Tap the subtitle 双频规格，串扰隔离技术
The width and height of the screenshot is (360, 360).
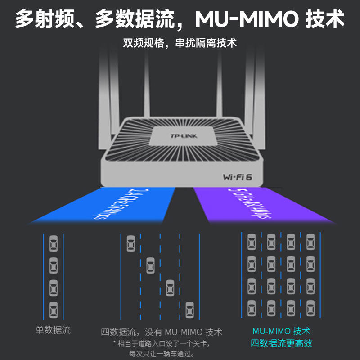pos(180,44)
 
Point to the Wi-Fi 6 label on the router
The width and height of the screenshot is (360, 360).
pos(237,176)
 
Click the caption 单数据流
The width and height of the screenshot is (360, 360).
pos(53,330)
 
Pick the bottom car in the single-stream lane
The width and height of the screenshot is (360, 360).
pos(54,309)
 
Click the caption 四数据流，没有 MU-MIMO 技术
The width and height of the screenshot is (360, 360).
pos(162,333)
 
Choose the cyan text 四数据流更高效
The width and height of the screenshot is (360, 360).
pos(282,343)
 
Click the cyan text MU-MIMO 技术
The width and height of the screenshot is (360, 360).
pos(282,331)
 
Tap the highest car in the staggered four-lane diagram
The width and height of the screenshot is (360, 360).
pos(131,243)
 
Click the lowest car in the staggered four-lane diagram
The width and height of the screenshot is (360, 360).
pos(190,309)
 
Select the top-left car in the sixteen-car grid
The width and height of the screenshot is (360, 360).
pos(252,242)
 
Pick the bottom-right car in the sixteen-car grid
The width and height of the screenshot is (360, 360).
pos(310,309)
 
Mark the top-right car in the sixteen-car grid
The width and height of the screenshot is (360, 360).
pos(310,242)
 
